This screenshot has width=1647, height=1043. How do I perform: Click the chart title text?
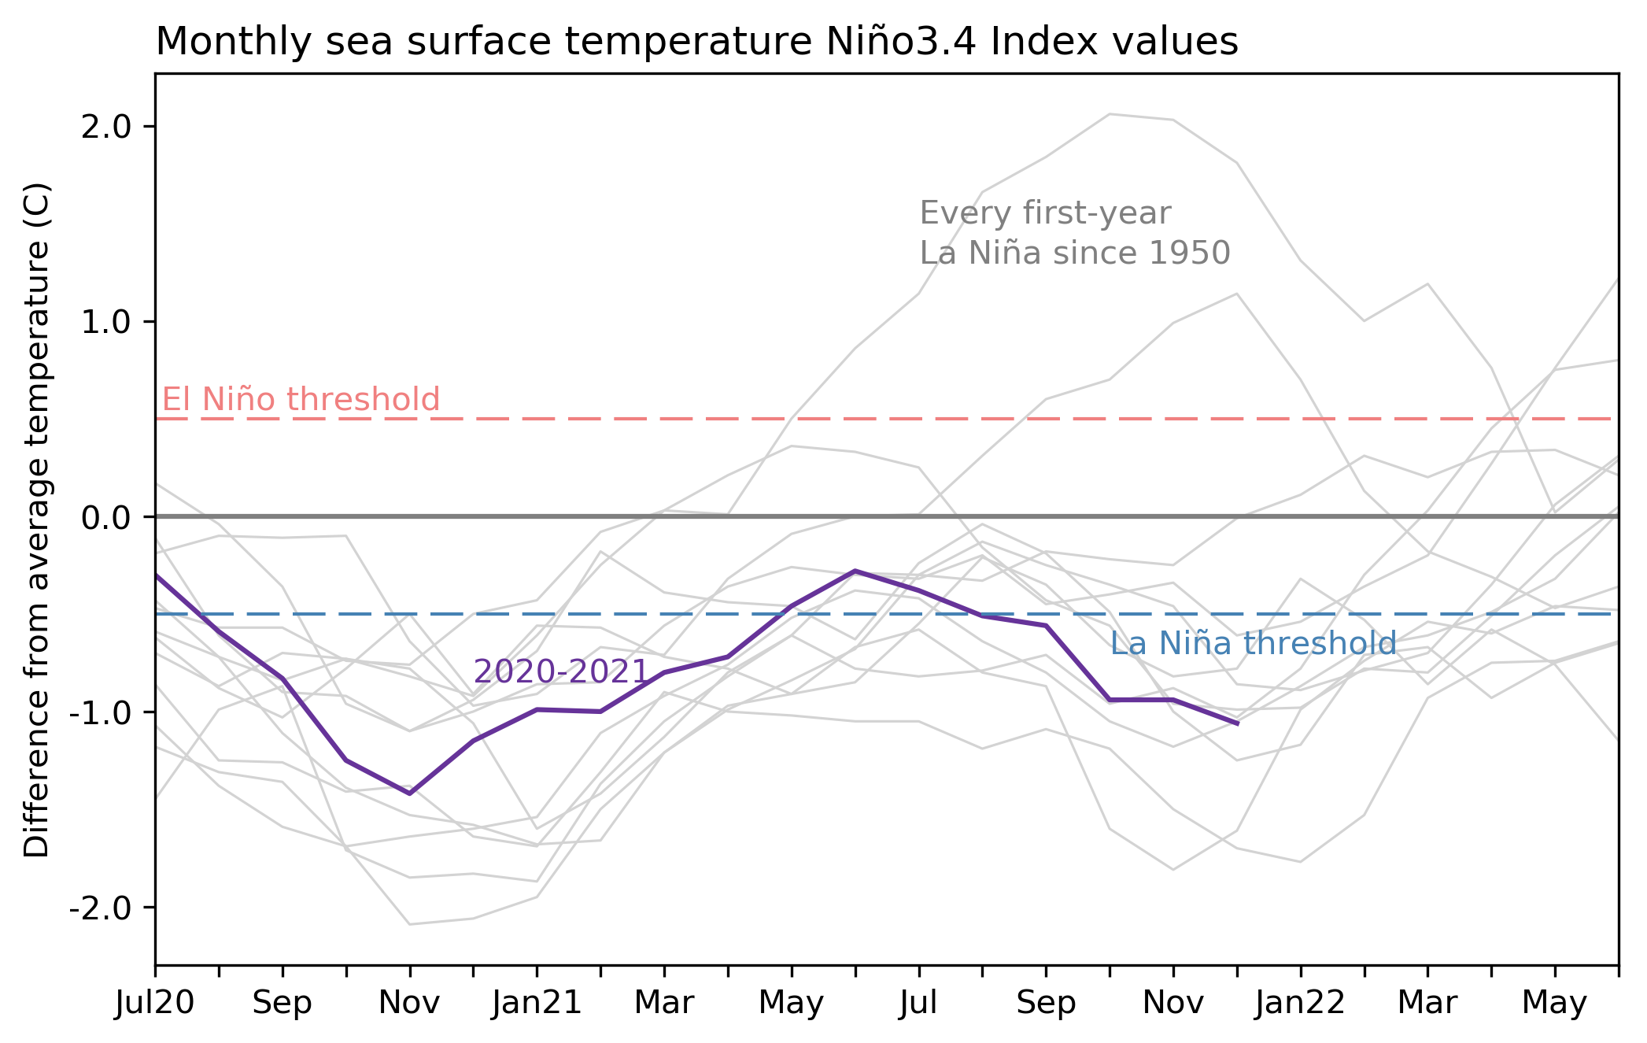click(696, 42)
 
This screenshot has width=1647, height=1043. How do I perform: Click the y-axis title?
click(37, 520)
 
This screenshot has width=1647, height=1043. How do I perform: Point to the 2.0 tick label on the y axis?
click(105, 127)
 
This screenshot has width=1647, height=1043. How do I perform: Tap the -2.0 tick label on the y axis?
click(100, 908)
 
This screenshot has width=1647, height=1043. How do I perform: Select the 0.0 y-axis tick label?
click(105, 517)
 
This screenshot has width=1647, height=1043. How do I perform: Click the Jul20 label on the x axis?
click(154, 1003)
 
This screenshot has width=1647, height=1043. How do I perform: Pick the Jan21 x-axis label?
click(537, 1003)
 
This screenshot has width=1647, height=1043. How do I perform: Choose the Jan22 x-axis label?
click(1300, 1003)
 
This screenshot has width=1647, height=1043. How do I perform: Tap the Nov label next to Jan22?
click(1172, 1003)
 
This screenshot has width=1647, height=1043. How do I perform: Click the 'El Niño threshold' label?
click(301, 400)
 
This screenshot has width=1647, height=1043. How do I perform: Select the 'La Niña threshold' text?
click(1253, 644)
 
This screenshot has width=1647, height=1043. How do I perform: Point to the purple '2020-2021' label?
click(560, 671)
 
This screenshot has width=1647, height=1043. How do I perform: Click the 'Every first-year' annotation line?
click(1045, 213)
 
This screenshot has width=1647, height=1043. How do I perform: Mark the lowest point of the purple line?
click(409, 793)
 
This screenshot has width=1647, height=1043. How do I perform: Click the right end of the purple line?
click(1238, 723)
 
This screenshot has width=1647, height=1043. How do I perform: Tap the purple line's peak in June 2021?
click(855, 571)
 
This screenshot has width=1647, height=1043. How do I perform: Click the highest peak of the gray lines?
click(1110, 114)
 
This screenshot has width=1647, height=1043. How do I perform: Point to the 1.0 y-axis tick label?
click(105, 322)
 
